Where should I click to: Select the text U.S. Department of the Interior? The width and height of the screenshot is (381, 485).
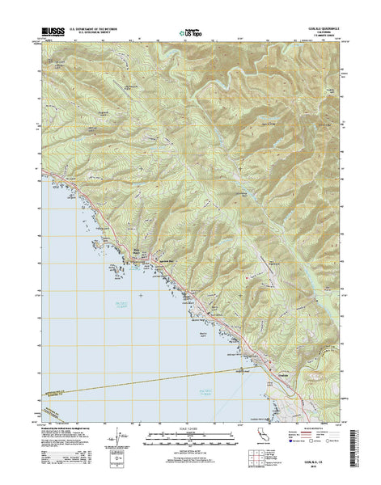point(98,30)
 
